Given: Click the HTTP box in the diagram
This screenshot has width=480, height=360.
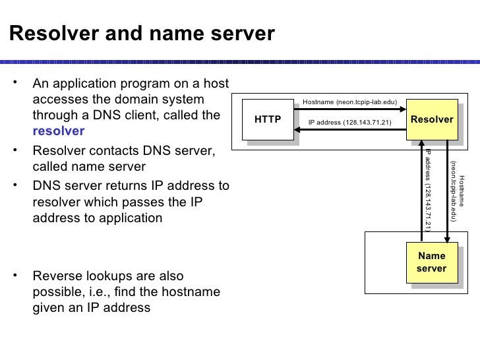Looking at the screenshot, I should pos(268,119).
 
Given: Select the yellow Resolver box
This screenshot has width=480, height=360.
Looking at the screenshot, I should pos(432,119).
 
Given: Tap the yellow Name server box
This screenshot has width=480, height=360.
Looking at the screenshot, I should pos(432,262).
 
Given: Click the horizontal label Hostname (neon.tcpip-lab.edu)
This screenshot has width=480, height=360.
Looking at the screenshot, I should pos(349,102).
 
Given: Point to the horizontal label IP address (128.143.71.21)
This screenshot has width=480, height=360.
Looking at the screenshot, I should pos(350,123).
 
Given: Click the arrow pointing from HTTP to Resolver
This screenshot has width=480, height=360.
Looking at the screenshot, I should pos(349,109).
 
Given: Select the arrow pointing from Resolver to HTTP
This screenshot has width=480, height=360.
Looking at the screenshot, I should pos(349,130).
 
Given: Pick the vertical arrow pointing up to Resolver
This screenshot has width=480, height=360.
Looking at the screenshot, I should pos(421,191).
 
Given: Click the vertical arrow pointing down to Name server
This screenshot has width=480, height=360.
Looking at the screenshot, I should pos(448,191).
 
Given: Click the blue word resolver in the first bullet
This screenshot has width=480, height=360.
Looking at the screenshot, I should pos(58,131).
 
